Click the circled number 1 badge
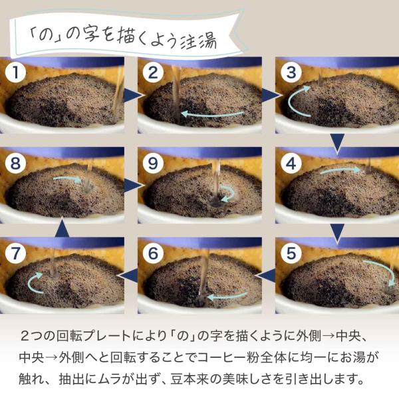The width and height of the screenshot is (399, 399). pos(15,72)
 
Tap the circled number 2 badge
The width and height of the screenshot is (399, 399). pos(153,72)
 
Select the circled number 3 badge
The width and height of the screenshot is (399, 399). pos(291,72)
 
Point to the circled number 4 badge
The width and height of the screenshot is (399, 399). pos(291,163)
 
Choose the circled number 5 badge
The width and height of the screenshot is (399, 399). pos(291,253)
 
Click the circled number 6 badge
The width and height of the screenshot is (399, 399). pos(153,253)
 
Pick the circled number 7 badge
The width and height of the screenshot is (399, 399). pos(15,253)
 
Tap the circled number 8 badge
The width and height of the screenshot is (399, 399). pos(15,163)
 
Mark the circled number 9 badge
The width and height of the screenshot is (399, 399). pos(153,163)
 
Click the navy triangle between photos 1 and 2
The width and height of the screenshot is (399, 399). pos(132,96)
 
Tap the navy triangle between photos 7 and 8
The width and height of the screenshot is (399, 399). pos(62,227)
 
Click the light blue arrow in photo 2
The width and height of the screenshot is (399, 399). pos(213,114)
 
